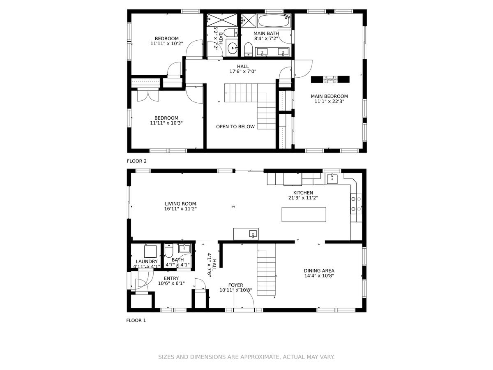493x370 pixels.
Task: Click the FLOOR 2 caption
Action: (136, 161)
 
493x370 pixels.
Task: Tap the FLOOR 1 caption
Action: (136, 320)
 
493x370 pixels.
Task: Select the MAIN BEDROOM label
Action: (329, 96)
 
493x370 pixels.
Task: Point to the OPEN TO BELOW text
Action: (235, 127)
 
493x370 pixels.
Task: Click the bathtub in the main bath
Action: (274, 21)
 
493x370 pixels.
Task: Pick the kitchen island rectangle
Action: (304, 214)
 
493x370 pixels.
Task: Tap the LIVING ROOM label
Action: (180, 204)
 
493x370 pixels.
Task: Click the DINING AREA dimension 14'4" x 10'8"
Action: (319, 275)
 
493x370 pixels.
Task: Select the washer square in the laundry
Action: (150, 252)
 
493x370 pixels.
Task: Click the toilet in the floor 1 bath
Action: (168, 251)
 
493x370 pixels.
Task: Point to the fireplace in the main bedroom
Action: (330, 79)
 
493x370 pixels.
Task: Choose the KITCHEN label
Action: (303, 193)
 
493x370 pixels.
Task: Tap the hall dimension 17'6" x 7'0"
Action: (243, 72)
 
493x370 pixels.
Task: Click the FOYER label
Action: (235, 285)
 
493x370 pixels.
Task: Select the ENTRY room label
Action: (171, 278)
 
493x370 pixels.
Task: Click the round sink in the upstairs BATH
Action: (232, 48)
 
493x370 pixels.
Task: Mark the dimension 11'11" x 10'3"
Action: (166, 123)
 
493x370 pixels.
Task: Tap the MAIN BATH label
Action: (266, 33)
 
